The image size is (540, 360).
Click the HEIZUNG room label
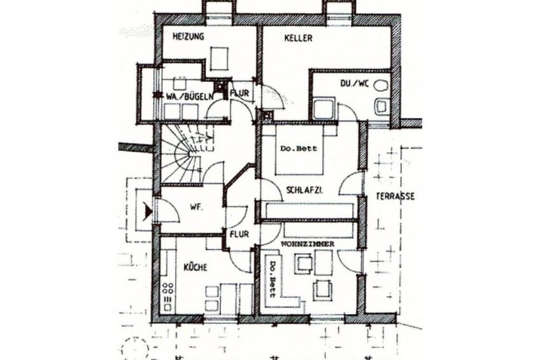[188, 36]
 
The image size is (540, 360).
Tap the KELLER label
[298, 38]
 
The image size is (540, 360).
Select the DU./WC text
[354, 83]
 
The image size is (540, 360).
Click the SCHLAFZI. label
[304, 190]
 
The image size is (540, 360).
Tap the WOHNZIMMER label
[308, 244]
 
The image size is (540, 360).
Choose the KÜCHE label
[195, 267]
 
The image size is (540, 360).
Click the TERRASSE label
[395, 196]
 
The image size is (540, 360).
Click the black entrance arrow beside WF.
[148, 210]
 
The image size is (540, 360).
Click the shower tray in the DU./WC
[324, 108]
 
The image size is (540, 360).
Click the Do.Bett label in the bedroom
[298, 149]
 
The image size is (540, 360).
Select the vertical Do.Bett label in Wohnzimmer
[272, 279]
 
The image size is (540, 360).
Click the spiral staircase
[185, 154]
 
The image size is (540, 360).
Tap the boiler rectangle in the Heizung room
[218, 59]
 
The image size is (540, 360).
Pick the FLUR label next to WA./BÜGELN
[239, 93]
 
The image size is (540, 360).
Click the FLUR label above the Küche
[239, 234]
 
